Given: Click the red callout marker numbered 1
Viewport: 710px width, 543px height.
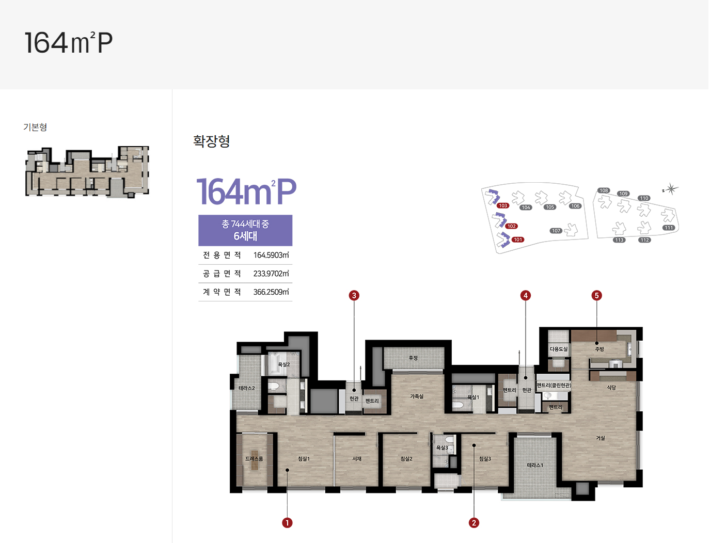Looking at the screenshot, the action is tap(287, 523).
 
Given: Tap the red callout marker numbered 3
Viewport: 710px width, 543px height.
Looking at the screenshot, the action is tap(354, 295).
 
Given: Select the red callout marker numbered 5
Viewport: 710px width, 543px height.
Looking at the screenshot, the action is tap(596, 295).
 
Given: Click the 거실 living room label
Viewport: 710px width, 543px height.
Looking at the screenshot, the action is tap(600, 438).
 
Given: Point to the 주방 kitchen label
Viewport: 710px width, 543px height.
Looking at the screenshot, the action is tap(599, 349).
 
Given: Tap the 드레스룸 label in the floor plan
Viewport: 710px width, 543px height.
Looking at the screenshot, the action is tap(254, 459).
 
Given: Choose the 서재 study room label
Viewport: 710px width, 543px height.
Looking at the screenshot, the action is tap(357, 459).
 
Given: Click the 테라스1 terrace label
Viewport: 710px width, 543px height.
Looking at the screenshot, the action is tap(535, 465).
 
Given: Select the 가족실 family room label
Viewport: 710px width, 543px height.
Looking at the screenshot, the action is tap(417, 396).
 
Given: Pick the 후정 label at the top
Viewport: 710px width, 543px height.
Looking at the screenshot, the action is tap(413, 358).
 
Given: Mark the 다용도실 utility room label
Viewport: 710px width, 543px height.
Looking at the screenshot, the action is tap(558, 349).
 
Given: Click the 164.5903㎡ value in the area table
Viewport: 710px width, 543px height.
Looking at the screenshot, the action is tap(271, 255).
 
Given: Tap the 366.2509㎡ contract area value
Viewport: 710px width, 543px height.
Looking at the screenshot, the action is tap(271, 292).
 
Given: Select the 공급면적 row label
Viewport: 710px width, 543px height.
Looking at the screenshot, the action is tap(222, 274).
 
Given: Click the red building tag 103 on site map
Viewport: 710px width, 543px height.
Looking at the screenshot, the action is tap(503, 205).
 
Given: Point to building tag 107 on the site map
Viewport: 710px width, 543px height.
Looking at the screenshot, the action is tap(556, 231).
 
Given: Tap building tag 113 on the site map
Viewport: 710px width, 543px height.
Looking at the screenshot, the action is tap(619, 240).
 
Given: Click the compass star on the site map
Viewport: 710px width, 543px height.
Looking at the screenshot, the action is tap(671, 189).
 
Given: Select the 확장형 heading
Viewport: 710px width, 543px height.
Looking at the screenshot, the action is tap(211, 141).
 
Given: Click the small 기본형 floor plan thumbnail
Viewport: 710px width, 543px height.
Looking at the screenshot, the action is tap(87, 172).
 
